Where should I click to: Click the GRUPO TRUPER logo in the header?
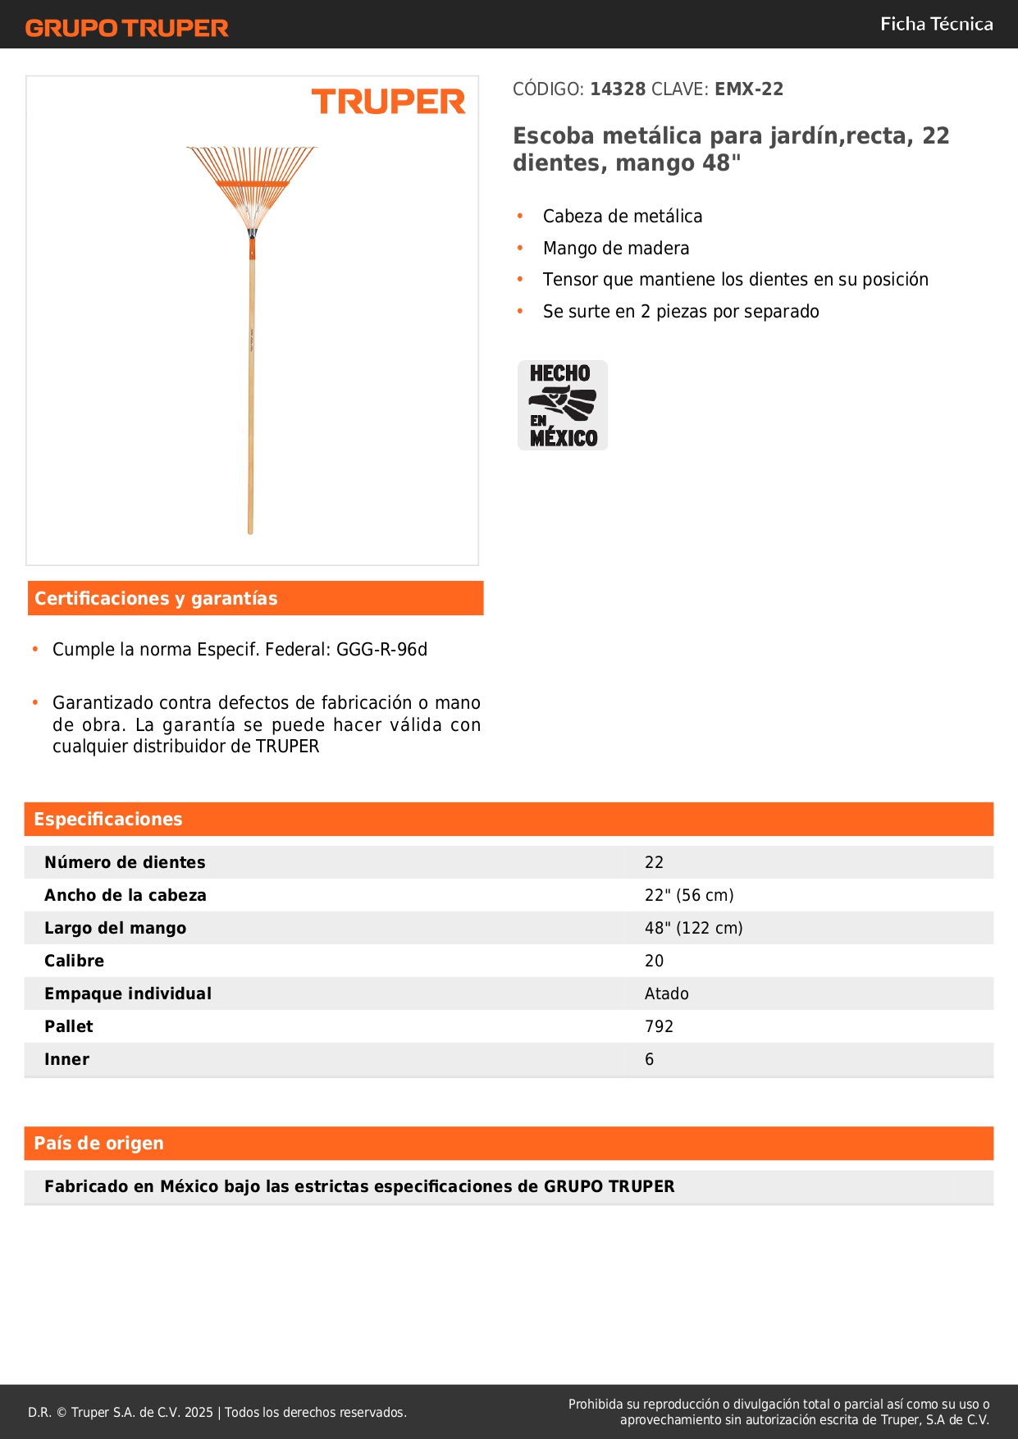click(127, 28)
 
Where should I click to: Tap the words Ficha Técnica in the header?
click(936, 24)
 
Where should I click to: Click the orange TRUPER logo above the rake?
click(388, 102)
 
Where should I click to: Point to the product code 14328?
click(618, 89)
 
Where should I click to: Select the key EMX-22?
click(748, 89)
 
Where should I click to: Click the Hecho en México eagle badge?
click(563, 405)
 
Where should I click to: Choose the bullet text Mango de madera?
click(615, 248)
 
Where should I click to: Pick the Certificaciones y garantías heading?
click(156, 598)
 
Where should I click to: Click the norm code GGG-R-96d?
click(381, 649)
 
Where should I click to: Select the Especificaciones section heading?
click(108, 819)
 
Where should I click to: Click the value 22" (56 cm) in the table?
click(689, 895)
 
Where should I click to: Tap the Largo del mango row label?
click(116, 928)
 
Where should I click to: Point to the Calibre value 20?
click(654, 961)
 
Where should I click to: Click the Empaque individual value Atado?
click(666, 994)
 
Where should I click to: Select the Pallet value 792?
click(659, 1026)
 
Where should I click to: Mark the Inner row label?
click(67, 1059)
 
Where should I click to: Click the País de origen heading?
click(98, 1143)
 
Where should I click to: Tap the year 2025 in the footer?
click(199, 1412)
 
